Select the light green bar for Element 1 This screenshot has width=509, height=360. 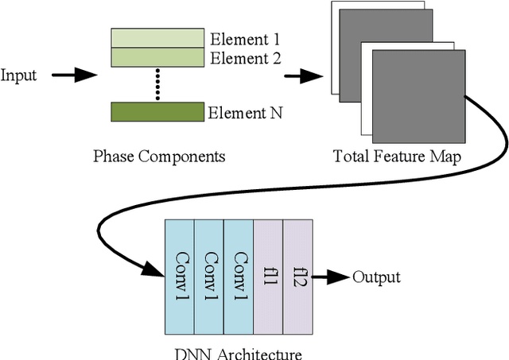tap(157, 37)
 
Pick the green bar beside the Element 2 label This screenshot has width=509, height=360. tap(157, 56)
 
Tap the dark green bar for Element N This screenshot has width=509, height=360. tap(157, 112)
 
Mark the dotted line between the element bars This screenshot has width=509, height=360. tap(157, 83)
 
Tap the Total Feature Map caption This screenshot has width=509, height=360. tap(397, 156)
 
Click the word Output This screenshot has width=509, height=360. tap(376, 277)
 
